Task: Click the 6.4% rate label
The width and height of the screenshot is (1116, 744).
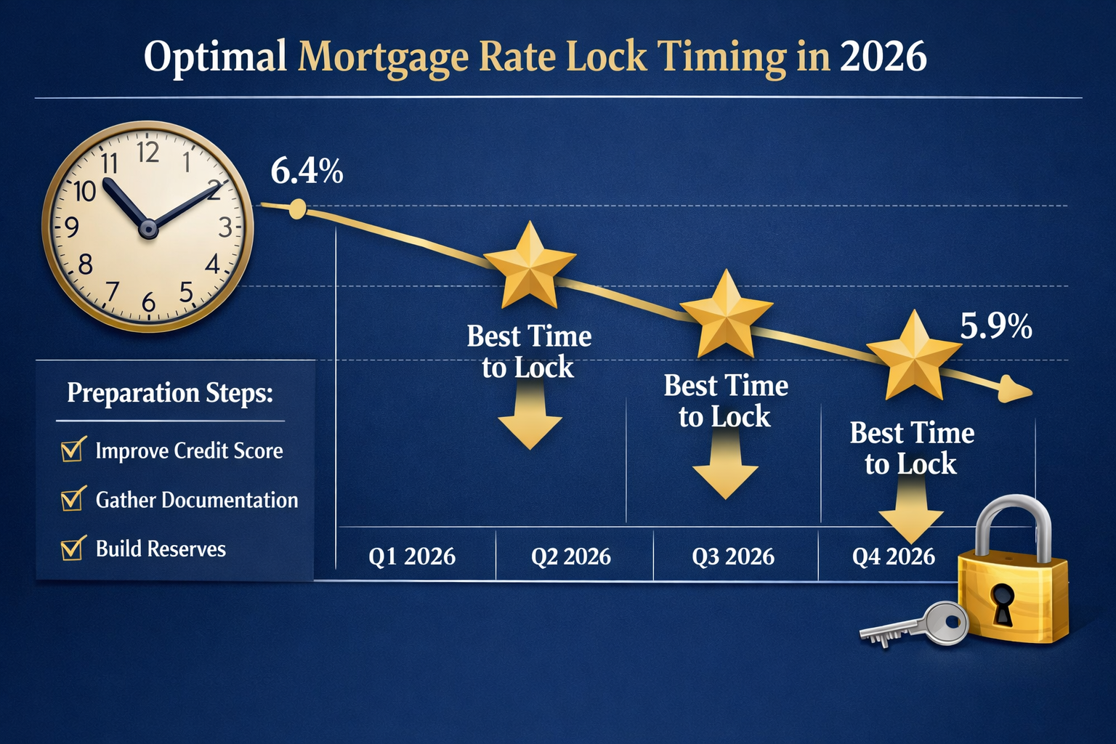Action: click(307, 172)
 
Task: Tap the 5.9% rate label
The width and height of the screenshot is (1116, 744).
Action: click(995, 327)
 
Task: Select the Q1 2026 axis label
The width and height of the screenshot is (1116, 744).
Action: click(412, 557)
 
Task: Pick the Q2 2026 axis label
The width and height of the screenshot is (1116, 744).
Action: click(570, 557)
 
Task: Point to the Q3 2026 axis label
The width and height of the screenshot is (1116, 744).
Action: click(733, 557)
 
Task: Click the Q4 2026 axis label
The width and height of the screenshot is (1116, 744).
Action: click(893, 557)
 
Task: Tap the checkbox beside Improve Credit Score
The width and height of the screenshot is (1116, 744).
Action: click(72, 450)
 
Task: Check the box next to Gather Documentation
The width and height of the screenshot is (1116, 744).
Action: click(72, 500)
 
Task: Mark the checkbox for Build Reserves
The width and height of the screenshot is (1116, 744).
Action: click(72, 549)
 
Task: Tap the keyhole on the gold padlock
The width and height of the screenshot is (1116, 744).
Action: click(1003, 602)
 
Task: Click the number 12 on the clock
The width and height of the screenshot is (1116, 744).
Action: click(148, 153)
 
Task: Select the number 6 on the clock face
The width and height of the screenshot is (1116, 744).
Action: click(149, 302)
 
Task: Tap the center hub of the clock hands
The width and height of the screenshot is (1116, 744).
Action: click(148, 229)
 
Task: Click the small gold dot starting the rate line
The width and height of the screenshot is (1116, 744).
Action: click(297, 210)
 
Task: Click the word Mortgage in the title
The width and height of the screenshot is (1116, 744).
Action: click(382, 57)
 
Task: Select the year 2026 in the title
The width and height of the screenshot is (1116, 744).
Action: click(883, 57)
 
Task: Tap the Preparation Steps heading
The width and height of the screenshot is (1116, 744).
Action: click(170, 393)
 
